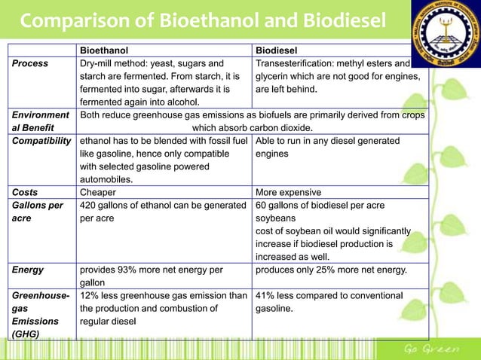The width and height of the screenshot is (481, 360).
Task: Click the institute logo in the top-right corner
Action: (x=446, y=30)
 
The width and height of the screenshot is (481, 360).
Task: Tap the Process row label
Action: (x=29, y=64)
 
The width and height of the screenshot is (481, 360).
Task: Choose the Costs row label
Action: (x=25, y=192)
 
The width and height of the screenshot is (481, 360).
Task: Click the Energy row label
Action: (x=28, y=270)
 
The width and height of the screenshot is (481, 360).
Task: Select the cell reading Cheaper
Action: (x=98, y=192)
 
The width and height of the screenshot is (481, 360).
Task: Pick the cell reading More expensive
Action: (x=289, y=192)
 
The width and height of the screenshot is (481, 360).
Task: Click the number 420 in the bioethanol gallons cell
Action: (x=88, y=205)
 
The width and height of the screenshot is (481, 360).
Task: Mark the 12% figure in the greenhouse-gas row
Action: (x=90, y=295)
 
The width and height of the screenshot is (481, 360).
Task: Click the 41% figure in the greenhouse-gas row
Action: (x=266, y=295)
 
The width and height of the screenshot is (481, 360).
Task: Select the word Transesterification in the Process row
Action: (x=294, y=64)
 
